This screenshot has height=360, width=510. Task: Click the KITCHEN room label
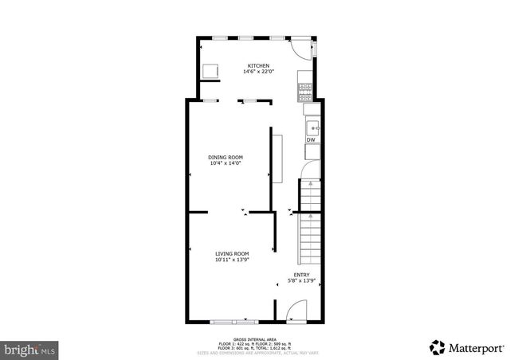point(257,65)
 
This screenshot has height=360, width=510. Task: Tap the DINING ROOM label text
point(226,157)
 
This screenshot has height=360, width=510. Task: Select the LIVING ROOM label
point(232,253)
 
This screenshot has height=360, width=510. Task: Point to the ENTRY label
point(301,276)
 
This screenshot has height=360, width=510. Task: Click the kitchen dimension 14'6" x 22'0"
point(257,72)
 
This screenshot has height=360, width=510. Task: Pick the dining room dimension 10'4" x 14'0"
point(226,163)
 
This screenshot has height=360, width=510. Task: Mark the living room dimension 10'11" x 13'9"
point(232,260)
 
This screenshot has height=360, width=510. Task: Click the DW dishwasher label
point(311,140)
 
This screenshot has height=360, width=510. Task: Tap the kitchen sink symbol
point(312,126)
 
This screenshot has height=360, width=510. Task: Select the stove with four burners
point(305,90)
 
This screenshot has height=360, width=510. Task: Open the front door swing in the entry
point(296,311)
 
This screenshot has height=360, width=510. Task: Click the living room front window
point(234,321)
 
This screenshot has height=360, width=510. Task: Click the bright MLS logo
point(30,349)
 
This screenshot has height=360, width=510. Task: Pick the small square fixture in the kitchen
point(212,72)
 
